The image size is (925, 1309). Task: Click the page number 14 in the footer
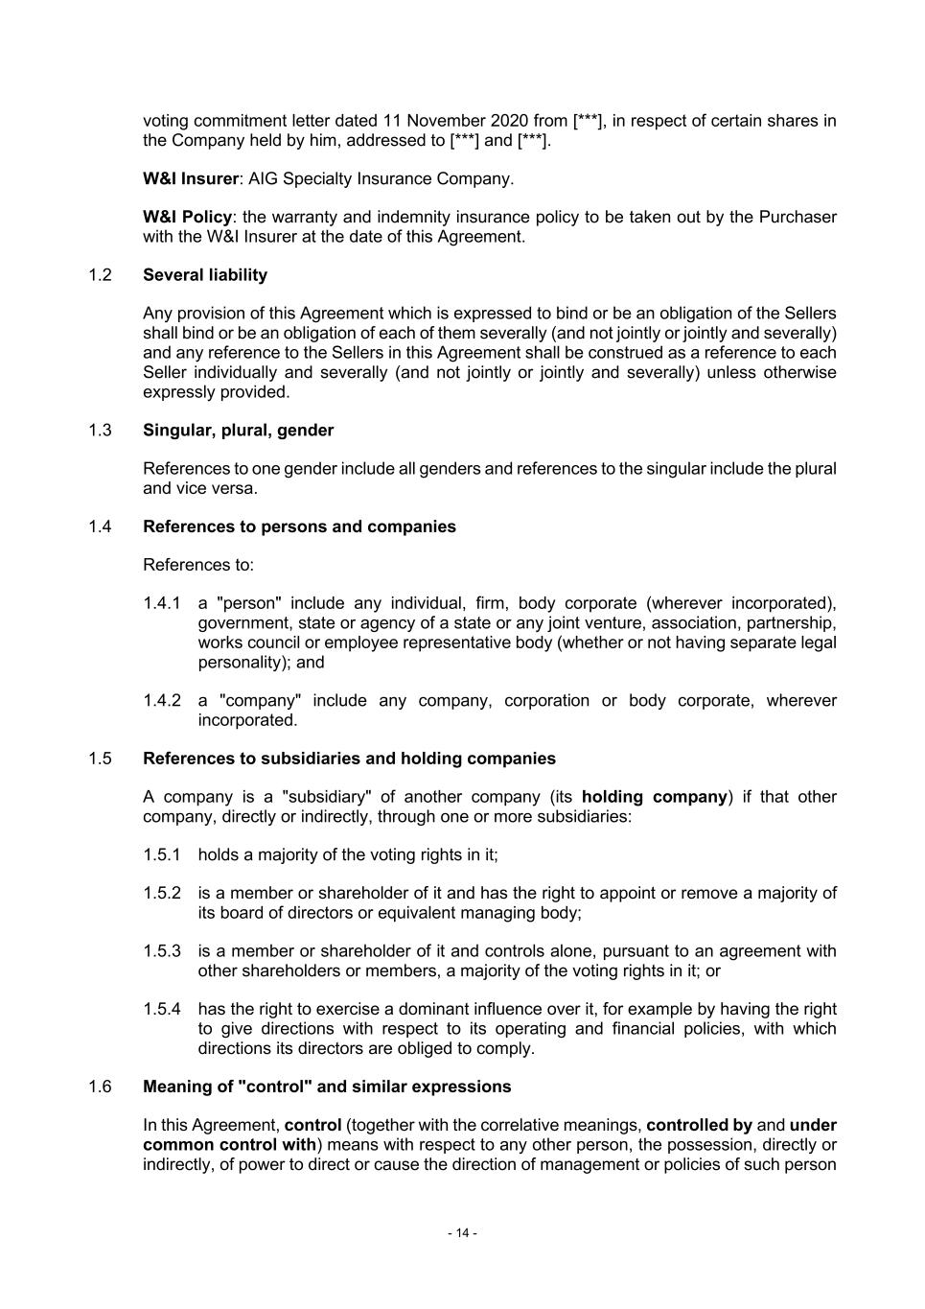coord(462,1232)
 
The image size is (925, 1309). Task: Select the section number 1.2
coord(100,275)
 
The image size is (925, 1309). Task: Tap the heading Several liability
coord(205,275)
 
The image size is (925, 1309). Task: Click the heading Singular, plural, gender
coord(238,431)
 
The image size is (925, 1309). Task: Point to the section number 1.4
coord(100,526)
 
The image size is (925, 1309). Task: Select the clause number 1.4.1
coord(162,603)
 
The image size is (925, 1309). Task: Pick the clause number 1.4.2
coord(162,700)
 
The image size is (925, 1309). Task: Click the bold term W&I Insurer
coord(191,178)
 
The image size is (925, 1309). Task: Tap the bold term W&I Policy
coord(187,217)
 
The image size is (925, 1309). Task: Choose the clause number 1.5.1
coord(162,854)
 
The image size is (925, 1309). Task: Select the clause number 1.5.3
coord(162,951)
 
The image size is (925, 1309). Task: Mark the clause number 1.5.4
coord(162,1009)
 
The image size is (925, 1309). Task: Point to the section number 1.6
coord(100,1087)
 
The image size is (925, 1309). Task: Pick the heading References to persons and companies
coord(299,526)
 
